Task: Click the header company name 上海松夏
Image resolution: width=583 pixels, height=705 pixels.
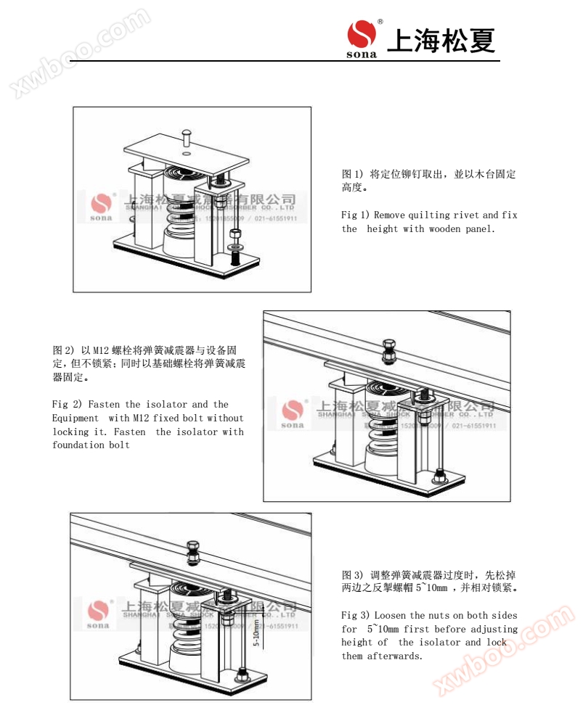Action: [x=441, y=40]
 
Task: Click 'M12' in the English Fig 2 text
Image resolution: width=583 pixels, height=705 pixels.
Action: [x=141, y=418]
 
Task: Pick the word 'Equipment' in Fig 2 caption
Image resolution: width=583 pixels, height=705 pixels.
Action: [x=76, y=418]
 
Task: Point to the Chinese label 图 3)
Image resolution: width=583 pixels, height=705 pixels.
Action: [x=352, y=574]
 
